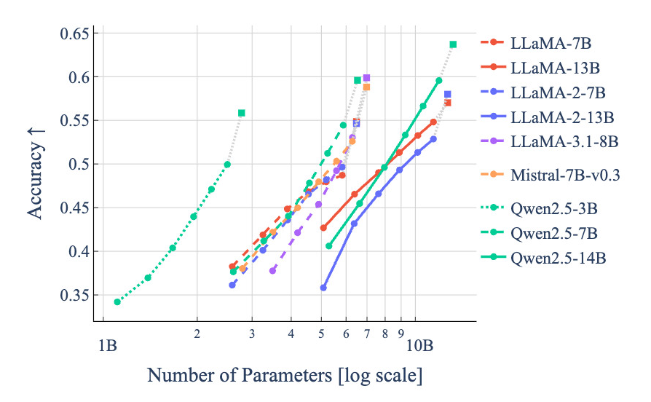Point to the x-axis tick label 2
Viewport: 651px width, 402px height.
point(197,334)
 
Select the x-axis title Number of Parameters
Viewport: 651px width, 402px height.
point(285,376)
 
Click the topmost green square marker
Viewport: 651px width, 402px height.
point(453,44)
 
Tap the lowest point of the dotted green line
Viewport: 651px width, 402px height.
point(117,301)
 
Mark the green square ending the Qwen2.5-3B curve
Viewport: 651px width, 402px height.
point(242,113)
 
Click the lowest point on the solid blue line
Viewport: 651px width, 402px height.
point(323,288)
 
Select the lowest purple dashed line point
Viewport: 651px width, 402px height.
point(273,270)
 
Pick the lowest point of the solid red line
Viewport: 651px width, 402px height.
point(323,228)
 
